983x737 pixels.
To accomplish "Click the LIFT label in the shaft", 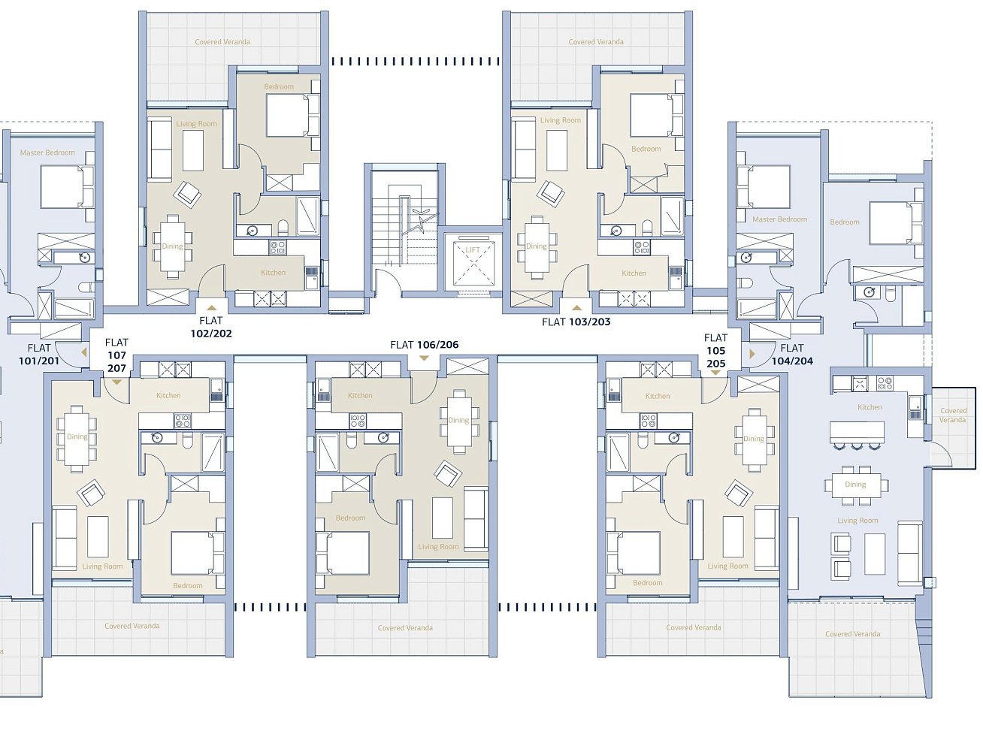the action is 473,249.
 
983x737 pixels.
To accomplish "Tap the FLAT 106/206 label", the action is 424,345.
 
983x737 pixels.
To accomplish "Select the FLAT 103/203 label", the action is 576,322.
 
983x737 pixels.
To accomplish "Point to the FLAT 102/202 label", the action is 211,327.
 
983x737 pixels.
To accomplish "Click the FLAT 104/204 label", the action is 792,355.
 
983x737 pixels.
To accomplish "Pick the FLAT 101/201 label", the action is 39,355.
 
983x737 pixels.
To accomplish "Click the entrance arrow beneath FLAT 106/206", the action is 424,358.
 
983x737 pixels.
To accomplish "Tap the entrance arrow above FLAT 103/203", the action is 577,308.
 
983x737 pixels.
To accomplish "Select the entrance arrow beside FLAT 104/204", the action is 752,354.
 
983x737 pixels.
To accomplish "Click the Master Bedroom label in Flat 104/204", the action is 779,219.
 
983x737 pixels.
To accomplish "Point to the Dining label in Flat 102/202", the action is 172,246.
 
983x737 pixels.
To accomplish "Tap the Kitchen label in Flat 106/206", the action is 360,396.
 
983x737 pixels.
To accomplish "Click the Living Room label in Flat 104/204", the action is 857,521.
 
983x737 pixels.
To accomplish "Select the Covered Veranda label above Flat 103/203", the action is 596,42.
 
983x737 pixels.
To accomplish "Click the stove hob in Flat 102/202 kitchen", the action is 277,247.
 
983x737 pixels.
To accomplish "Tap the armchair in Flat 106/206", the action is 448,473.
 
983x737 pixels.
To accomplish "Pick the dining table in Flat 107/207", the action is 77,439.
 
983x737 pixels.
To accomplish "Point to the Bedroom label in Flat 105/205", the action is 648,583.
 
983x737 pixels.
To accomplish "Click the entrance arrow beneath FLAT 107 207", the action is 116,382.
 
